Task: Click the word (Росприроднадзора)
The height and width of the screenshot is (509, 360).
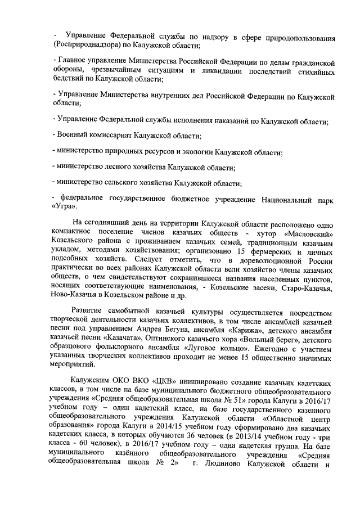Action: [85, 44]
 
